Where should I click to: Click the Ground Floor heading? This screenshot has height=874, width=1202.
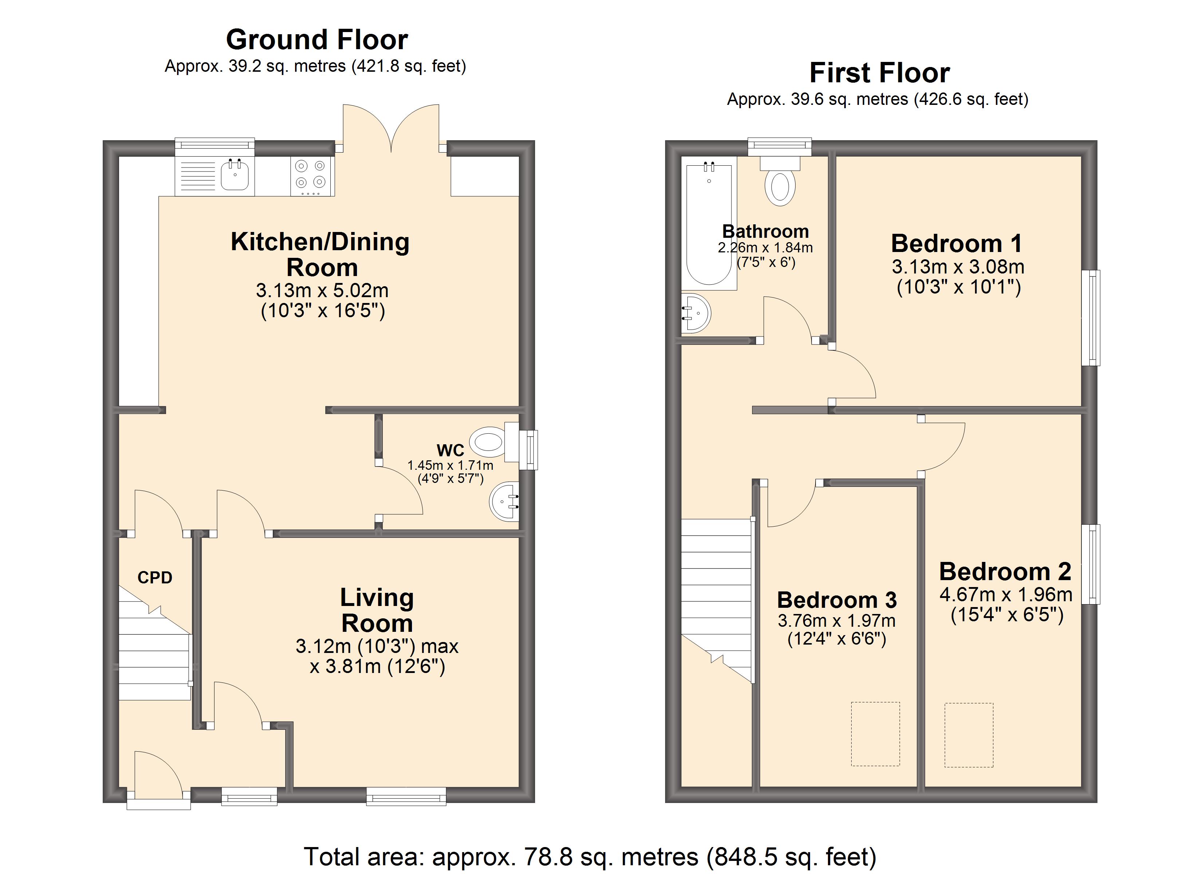317,39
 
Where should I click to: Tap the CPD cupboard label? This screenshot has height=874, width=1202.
155,577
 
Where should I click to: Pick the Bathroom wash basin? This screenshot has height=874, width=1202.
695,313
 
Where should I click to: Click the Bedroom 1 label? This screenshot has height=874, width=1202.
957,243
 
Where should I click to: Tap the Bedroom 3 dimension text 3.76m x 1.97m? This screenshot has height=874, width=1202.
837,620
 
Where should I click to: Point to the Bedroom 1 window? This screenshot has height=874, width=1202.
1091,318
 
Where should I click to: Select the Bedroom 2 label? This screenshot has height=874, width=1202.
1005,571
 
